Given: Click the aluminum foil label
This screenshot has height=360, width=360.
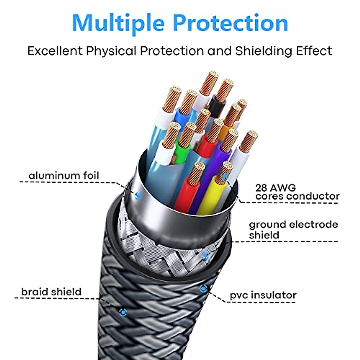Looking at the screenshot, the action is pyautogui.click(x=64, y=175).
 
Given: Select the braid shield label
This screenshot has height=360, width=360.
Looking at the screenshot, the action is pyautogui.click(x=51, y=292).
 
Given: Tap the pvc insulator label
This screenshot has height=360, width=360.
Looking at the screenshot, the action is pyautogui.click(x=263, y=295).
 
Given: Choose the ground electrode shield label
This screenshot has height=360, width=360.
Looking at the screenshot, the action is pyautogui.click(x=293, y=229).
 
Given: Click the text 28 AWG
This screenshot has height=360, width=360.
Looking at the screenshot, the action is pyautogui.click(x=275, y=188).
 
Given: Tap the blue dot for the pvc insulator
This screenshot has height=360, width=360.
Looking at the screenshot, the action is pyautogui.click(x=203, y=289).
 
